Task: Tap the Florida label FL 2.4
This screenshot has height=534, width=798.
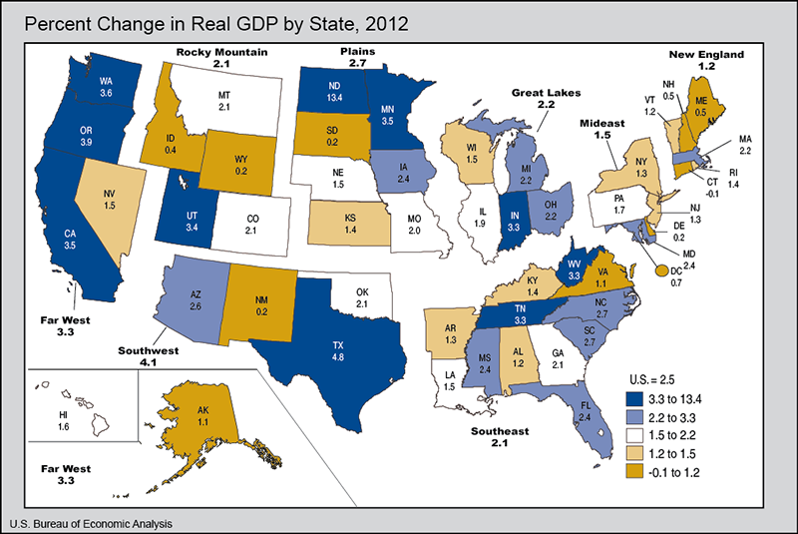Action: (x=586, y=408)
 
